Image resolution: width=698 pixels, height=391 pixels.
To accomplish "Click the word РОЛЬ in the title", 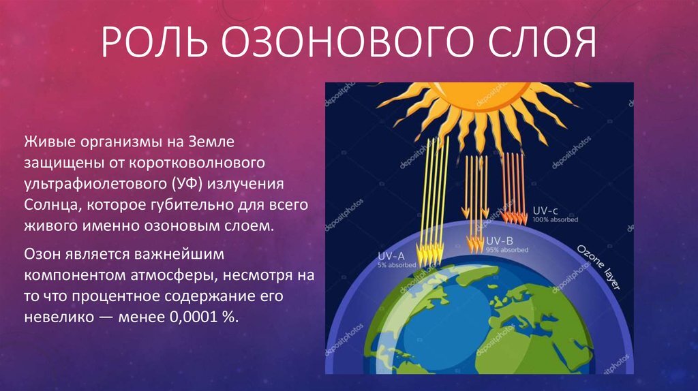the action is [153, 42].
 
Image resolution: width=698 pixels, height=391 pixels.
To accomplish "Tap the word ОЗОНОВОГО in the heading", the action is [346, 42].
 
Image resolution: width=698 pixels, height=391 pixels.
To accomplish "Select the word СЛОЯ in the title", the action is [542, 42].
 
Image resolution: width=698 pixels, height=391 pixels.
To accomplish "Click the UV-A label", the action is [391, 256].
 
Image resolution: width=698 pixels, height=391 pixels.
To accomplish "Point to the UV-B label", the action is [500, 241].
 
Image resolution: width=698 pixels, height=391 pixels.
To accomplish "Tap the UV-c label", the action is [545, 210].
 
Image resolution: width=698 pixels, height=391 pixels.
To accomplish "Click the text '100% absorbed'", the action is [555, 219].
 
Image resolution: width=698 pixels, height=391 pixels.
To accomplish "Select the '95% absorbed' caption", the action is [507, 250].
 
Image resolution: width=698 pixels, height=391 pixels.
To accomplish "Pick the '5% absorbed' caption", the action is [397, 265].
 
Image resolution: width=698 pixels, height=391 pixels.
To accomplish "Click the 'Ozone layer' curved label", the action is [598, 267].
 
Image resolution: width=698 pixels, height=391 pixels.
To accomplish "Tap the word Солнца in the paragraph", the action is [52, 205].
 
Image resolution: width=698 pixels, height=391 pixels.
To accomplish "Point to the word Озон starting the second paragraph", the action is [42, 255].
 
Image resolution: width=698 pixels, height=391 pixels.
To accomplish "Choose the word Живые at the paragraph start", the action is [49, 142].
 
